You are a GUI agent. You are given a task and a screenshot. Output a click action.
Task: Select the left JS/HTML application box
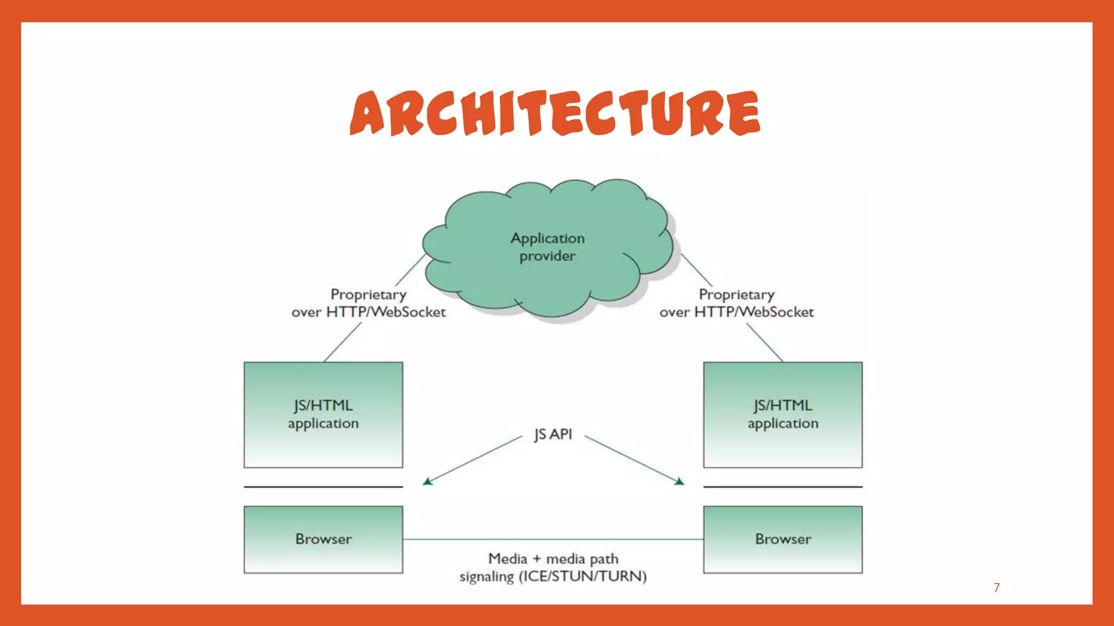[x=323, y=415]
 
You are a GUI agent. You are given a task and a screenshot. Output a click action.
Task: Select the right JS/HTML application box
[x=783, y=415]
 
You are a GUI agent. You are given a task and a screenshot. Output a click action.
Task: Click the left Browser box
[x=323, y=539]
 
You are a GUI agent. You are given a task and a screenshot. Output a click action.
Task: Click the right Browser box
[x=783, y=539]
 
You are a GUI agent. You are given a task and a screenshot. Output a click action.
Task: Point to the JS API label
[x=553, y=435]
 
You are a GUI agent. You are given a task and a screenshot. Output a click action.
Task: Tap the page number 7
[x=997, y=587]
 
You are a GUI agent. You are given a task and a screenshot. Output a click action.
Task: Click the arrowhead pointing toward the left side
[x=428, y=481]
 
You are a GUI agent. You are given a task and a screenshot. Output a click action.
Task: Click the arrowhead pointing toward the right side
[x=679, y=481]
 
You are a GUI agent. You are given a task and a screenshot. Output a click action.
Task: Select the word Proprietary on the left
[x=368, y=295]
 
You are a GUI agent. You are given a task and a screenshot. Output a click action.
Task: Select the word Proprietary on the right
[x=737, y=295]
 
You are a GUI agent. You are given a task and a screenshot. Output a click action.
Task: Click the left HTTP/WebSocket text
[x=386, y=312]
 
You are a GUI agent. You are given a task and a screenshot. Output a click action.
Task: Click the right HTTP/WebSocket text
[x=754, y=312]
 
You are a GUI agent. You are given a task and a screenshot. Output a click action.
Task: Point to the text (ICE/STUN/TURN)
[x=583, y=577]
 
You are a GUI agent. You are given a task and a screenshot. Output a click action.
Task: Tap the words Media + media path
[x=553, y=559]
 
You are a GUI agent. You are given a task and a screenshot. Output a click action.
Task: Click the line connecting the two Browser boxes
[x=553, y=540]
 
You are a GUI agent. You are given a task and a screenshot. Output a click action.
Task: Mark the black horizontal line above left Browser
[x=323, y=487]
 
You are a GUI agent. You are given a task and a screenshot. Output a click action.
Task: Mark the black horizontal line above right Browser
[x=783, y=487]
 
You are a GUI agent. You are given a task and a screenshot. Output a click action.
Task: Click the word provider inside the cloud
[x=547, y=256]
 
